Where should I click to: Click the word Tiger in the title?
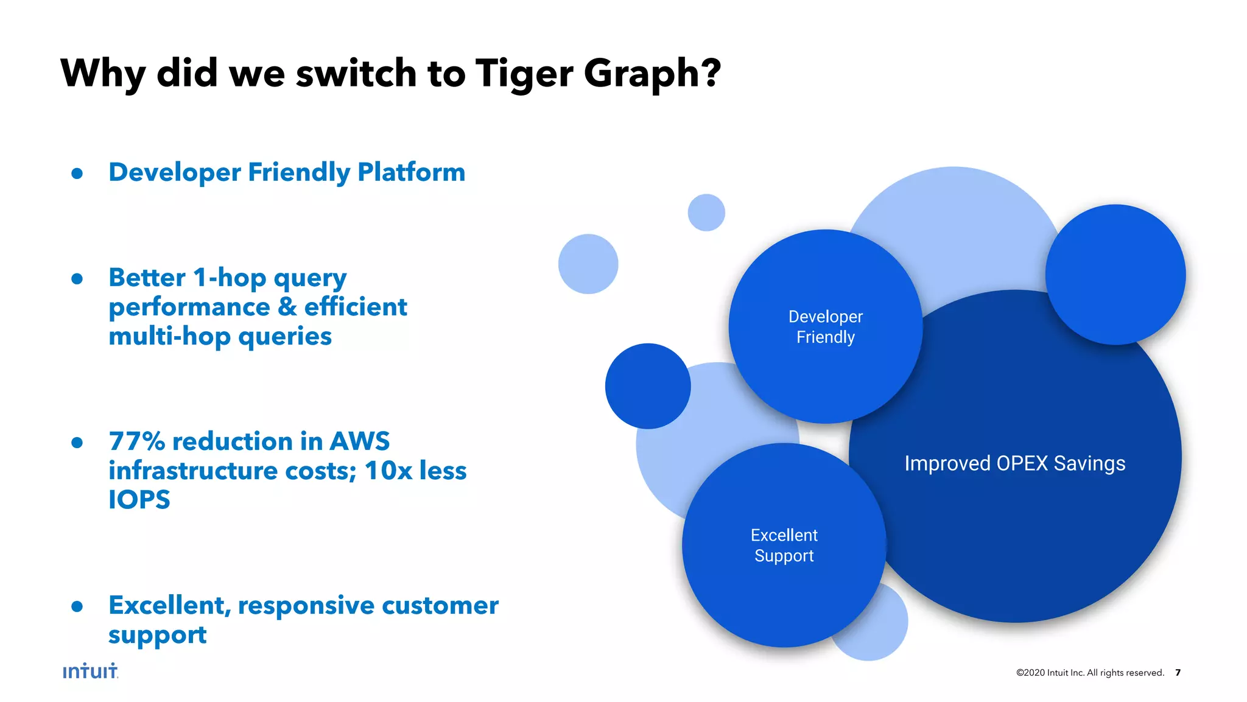(524, 74)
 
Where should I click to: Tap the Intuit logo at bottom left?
(90, 671)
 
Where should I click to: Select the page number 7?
(1178, 672)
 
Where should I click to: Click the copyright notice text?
(1090, 672)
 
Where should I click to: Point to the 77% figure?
(137, 441)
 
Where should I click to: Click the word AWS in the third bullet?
(359, 441)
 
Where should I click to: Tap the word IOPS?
(139, 500)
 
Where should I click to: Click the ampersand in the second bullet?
(287, 307)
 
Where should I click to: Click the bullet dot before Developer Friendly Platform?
(77, 174)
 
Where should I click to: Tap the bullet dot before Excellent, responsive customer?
(77, 606)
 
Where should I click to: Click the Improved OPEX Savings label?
(1014, 463)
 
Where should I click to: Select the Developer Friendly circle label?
(825, 327)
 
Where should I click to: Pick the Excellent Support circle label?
(784, 546)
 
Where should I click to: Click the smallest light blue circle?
(706, 212)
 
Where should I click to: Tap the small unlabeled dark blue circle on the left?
(648, 386)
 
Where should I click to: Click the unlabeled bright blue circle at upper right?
(1115, 275)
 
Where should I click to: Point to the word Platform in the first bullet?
(411, 172)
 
